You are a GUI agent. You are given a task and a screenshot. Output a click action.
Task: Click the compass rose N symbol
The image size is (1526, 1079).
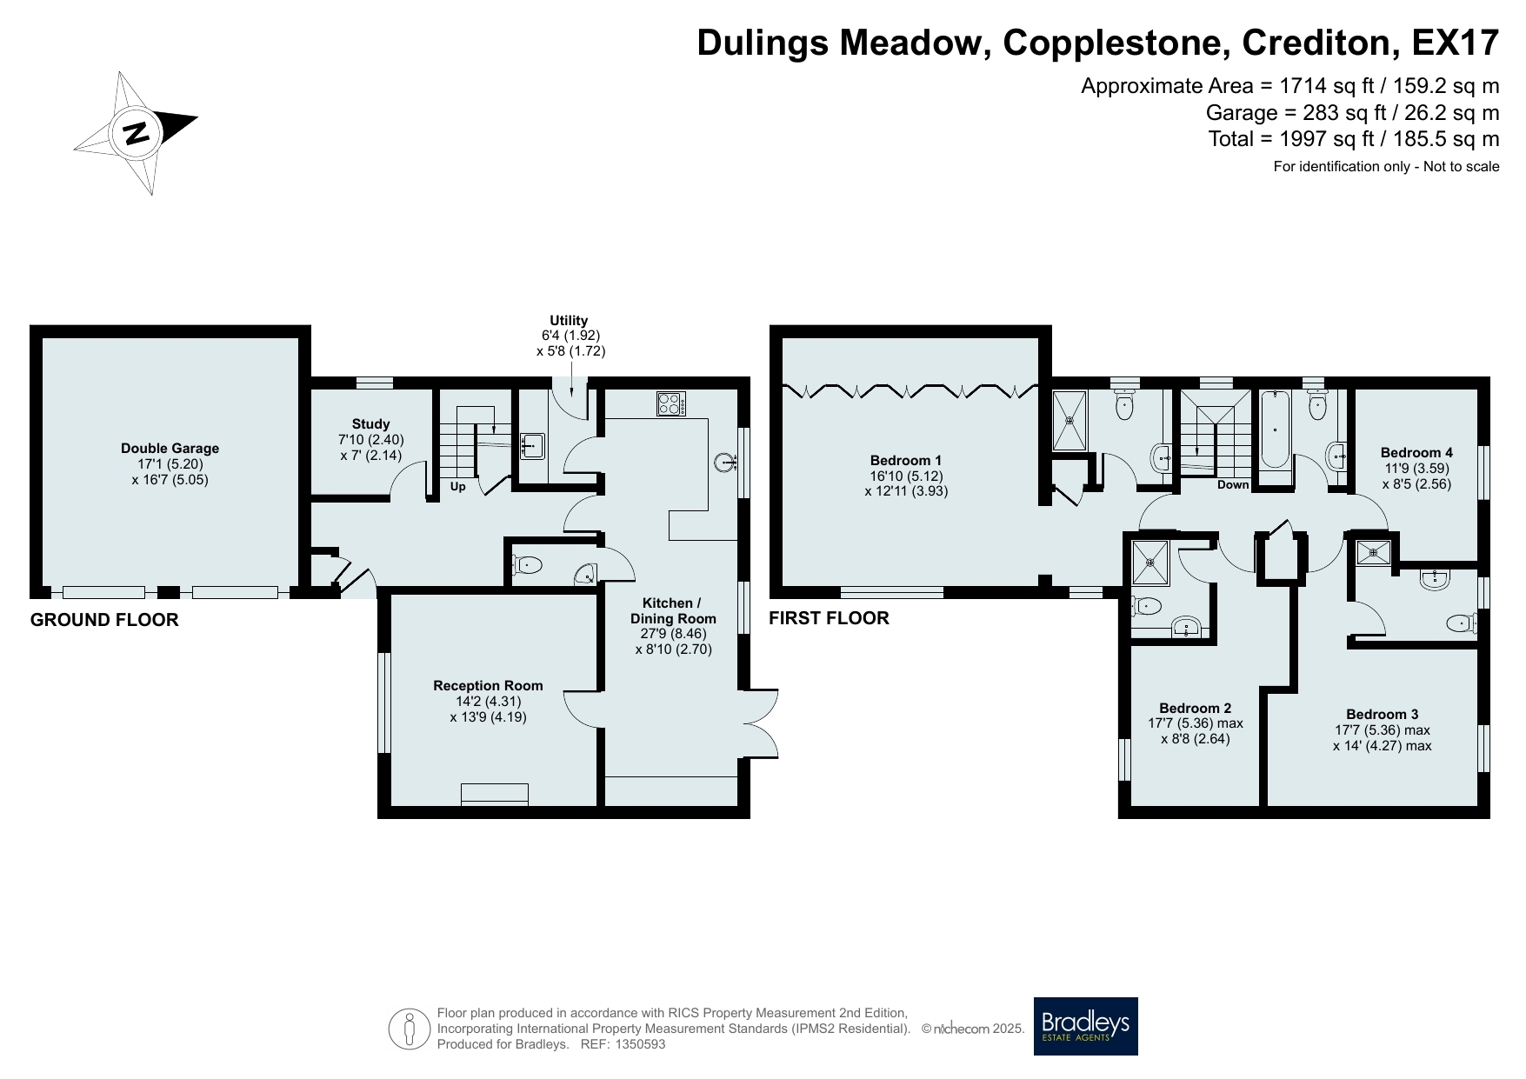(x=136, y=133)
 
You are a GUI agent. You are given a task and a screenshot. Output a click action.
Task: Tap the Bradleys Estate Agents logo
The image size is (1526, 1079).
(x=1085, y=1026)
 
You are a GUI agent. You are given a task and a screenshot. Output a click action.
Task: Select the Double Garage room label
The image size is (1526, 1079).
(x=170, y=449)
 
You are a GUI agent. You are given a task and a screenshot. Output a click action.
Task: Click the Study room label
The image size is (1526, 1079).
(x=371, y=424)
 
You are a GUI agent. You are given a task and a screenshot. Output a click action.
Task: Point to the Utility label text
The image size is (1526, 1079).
(x=569, y=320)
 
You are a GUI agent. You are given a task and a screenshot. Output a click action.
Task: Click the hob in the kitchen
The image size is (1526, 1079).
(x=670, y=404)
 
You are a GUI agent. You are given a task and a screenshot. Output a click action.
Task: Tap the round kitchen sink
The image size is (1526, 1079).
(x=724, y=463)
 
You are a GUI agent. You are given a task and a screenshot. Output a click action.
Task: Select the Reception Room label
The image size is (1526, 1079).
(x=488, y=686)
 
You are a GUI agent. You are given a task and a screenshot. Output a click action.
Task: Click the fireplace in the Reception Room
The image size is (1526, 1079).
(x=495, y=794)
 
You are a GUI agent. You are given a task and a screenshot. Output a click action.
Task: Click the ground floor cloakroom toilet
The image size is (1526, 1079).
(x=527, y=566)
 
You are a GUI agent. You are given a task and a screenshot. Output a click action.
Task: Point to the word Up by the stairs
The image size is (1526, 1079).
(x=458, y=487)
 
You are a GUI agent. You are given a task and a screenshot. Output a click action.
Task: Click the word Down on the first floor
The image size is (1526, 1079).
(x=1233, y=485)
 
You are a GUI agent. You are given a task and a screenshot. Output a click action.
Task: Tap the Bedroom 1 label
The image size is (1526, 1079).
(x=906, y=461)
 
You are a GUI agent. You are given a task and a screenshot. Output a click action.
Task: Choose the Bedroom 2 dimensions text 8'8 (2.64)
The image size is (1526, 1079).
(x=1196, y=739)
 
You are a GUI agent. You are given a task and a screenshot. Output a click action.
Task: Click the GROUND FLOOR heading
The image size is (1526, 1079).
(x=104, y=620)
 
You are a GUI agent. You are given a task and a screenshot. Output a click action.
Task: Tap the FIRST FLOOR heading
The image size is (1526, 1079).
(x=829, y=618)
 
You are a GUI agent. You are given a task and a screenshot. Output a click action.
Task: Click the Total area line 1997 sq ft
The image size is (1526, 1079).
(x=1354, y=139)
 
